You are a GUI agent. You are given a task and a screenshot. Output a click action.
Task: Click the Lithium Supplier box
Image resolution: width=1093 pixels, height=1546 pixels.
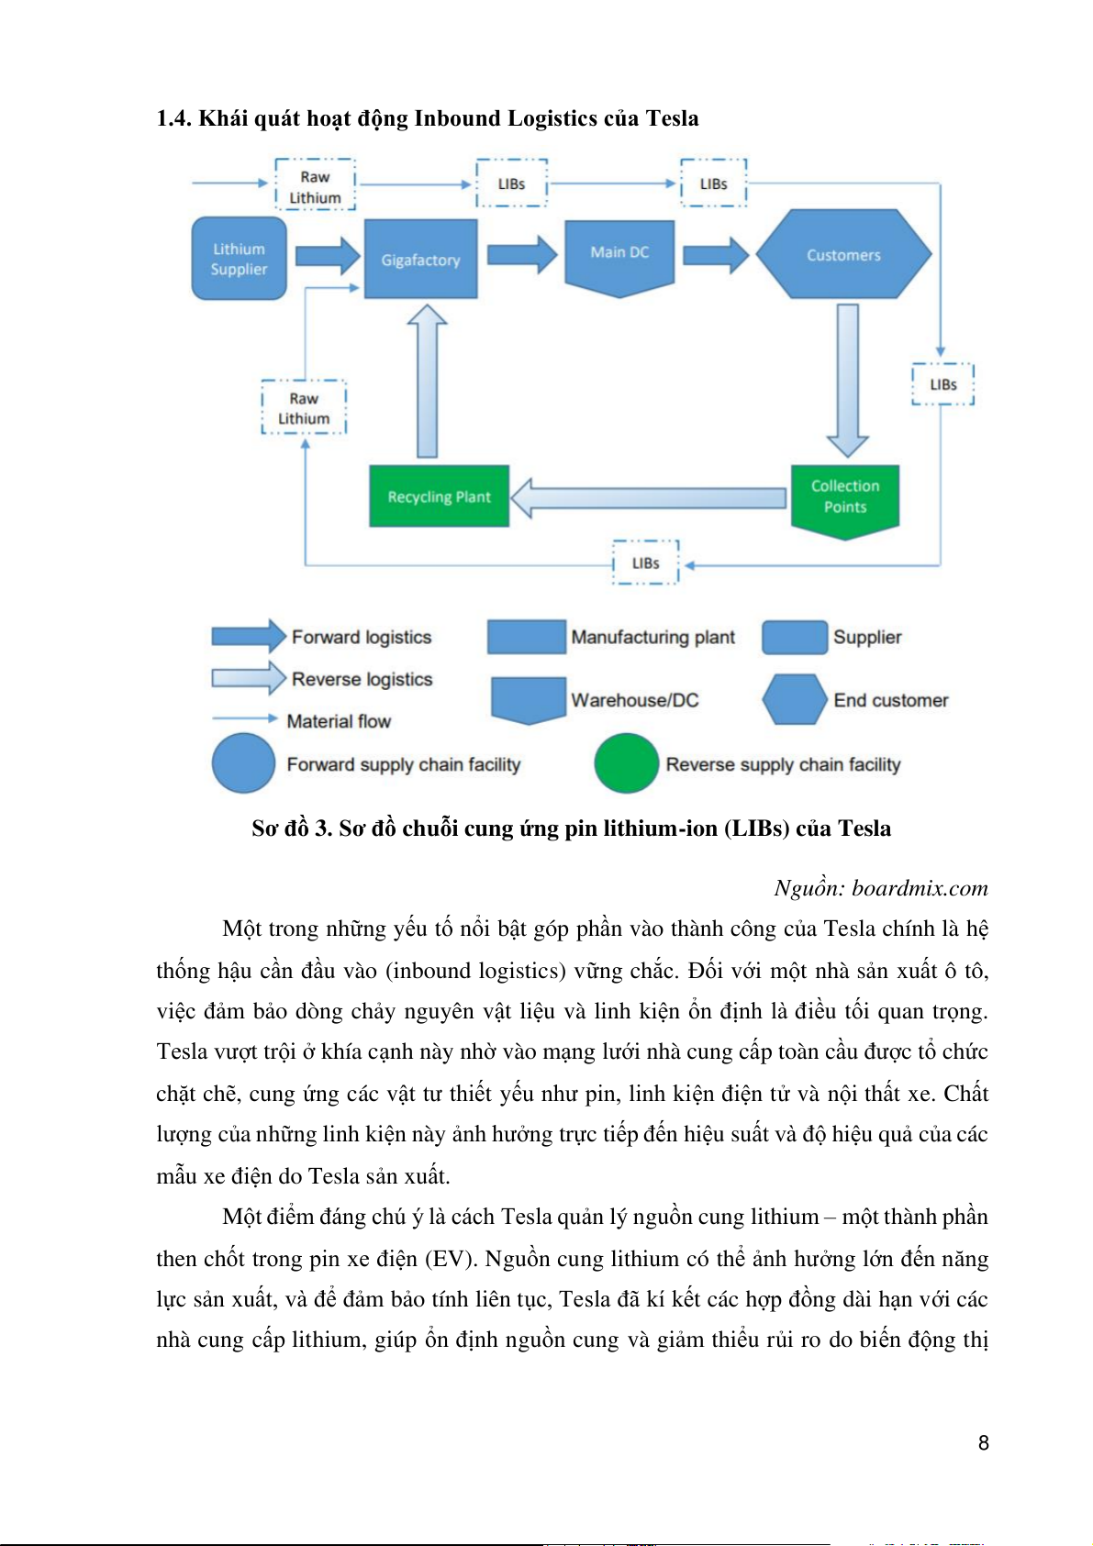(239, 259)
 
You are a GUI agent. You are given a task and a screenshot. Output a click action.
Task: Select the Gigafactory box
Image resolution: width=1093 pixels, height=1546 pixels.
(420, 260)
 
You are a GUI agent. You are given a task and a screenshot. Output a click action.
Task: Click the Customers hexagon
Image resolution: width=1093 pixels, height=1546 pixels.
(843, 255)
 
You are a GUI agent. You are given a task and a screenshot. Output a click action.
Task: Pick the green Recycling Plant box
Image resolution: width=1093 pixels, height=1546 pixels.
(439, 496)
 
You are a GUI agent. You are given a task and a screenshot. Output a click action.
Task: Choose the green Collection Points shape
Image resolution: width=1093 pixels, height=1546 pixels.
(844, 498)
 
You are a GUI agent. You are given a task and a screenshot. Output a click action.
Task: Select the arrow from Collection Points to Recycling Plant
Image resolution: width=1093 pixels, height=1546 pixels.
(648, 498)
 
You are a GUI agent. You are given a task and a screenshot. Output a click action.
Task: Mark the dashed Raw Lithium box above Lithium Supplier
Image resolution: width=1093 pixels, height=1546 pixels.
(315, 186)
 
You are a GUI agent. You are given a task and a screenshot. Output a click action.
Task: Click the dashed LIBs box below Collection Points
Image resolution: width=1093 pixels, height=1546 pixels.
(645, 562)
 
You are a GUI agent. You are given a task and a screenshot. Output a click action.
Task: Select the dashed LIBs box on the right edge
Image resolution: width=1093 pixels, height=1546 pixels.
(942, 384)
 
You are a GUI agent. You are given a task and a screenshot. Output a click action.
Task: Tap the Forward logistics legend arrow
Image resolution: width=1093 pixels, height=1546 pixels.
(249, 636)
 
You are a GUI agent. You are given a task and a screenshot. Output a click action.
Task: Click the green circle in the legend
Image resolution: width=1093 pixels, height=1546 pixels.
(626, 763)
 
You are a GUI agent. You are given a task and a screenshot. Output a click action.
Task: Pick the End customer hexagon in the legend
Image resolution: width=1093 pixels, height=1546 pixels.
(795, 700)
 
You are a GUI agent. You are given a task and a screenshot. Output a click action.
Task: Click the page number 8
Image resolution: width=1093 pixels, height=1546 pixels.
(983, 1442)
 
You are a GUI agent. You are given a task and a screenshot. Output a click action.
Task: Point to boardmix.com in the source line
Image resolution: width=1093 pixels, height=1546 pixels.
(920, 888)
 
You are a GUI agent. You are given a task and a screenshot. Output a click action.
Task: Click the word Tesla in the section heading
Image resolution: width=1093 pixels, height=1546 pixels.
(672, 118)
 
